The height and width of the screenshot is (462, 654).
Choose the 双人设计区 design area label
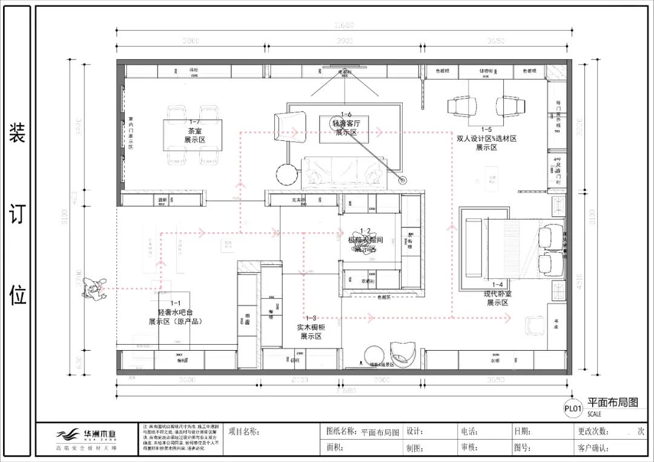486,138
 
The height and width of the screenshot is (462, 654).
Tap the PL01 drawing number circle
573,409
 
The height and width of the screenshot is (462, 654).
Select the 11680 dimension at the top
343,25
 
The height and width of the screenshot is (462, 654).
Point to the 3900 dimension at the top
344,41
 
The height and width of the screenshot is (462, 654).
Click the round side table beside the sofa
288,174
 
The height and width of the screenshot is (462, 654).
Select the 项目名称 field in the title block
244,432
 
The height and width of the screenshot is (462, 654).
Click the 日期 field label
522,432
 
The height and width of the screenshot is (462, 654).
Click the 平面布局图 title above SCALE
613,403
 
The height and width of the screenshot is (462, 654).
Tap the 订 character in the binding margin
17,213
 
